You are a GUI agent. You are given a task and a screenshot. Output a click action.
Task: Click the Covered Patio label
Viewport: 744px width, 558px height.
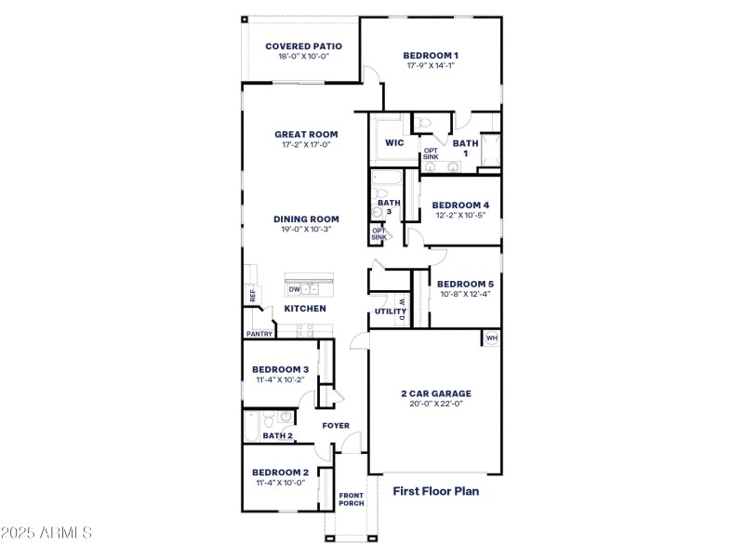pyautogui.click(x=303, y=46)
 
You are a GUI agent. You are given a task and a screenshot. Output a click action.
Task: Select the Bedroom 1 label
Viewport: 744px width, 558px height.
pyautogui.click(x=431, y=55)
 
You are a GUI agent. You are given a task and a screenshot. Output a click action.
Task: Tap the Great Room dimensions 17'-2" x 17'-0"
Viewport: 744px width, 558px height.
pyautogui.click(x=305, y=144)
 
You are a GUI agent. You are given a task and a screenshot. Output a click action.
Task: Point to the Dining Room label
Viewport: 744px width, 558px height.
pyautogui.click(x=306, y=219)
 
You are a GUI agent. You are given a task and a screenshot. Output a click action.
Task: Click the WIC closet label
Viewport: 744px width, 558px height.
pyautogui.click(x=394, y=143)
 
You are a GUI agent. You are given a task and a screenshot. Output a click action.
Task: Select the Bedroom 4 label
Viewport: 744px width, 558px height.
pyautogui.click(x=460, y=205)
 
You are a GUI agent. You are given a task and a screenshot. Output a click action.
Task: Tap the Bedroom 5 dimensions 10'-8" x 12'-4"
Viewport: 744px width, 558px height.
pyautogui.click(x=464, y=294)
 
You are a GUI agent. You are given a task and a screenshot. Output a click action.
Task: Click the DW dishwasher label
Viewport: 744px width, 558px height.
pyautogui.click(x=294, y=289)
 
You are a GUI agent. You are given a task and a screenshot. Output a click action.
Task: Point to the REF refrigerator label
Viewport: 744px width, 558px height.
pyautogui.click(x=252, y=296)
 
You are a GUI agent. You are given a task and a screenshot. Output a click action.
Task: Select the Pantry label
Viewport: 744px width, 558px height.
pyautogui.click(x=259, y=334)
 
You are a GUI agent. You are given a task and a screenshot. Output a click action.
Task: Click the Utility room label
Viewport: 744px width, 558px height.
pyautogui.click(x=384, y=312)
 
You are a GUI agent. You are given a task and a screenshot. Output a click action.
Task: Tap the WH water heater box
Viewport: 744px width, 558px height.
pyautogui.click(x=491, y=339)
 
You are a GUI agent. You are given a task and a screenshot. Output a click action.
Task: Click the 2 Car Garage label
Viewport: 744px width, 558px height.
pyautogui.click(x=435, y=392)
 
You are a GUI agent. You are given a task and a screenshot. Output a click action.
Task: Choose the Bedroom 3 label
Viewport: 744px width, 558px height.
pyautogui.click(x=280, y=369)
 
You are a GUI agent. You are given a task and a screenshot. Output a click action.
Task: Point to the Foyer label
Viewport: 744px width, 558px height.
pyautogui.click(x=336, y=426)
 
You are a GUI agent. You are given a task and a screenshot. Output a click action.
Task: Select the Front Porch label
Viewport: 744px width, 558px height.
pyautogui.click(x=351, y=499)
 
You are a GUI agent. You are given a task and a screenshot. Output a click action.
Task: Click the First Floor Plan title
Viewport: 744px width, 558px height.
pyautogui.click(x=435, y=491)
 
